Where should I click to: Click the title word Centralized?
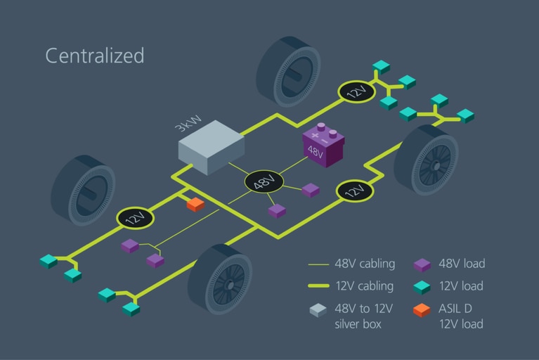94,56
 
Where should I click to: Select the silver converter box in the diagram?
211,147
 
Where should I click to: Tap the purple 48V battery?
323,146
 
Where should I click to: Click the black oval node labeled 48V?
264,183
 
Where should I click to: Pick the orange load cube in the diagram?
195,204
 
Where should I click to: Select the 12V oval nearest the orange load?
135,218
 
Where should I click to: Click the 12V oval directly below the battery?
355,191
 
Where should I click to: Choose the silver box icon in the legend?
318,310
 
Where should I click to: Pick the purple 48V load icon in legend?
422,265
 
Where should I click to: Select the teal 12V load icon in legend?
422,287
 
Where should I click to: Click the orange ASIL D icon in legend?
422,309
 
